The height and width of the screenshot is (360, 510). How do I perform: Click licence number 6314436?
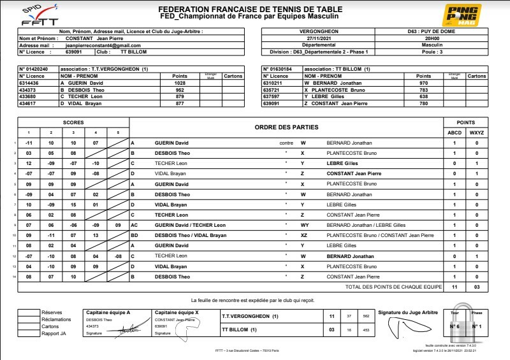[31, 83]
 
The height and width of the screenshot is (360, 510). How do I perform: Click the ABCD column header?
[454, 132]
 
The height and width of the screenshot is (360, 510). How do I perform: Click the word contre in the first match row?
[286, 143]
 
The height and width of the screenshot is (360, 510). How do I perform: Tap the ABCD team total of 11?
[454, 287]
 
